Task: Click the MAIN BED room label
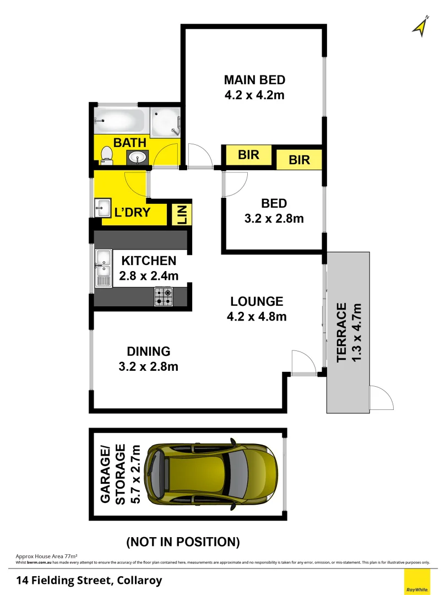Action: (x=254, y=79)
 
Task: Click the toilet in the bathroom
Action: (x=107, y=158)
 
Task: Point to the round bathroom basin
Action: (x=137, y=158)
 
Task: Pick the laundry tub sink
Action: (x=103, y=208)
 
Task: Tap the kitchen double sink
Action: (x=103, y=268)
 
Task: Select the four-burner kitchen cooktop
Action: (x=164, y=296)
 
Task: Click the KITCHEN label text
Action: (x=149, y=261)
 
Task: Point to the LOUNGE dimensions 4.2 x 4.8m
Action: (x=257, y=317)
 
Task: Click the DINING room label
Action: (x=149, y=351)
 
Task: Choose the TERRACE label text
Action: (x=341, y=332)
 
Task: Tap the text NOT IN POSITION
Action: (x=183, y=542)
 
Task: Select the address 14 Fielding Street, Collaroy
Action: (x=89, y=580)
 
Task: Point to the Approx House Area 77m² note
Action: (x=46, y=556)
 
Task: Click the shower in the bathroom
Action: (x=166, y=120)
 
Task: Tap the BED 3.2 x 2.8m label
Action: (x=274, y=211)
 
